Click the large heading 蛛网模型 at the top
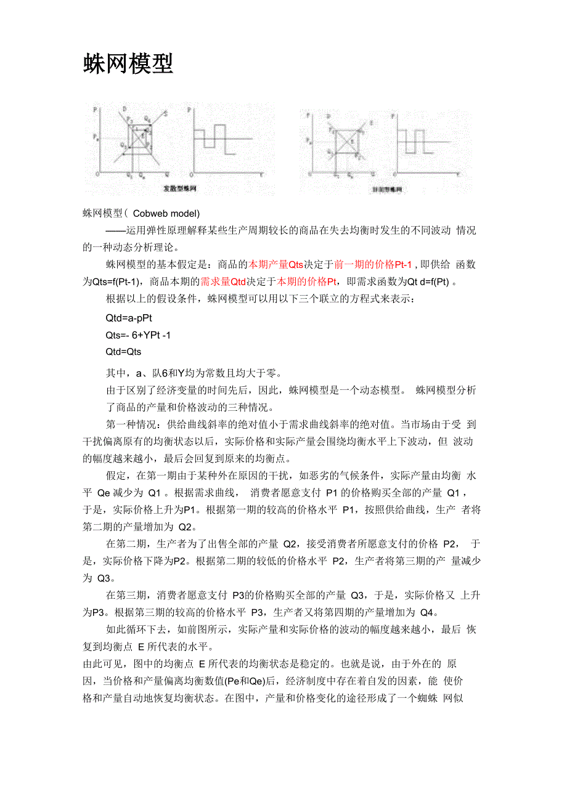pyautogui.click(x=128, y=63)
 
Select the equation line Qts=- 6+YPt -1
pyautogui.click(x=139, y=335)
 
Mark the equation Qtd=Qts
pyautogui.click(x=123, y=352)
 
